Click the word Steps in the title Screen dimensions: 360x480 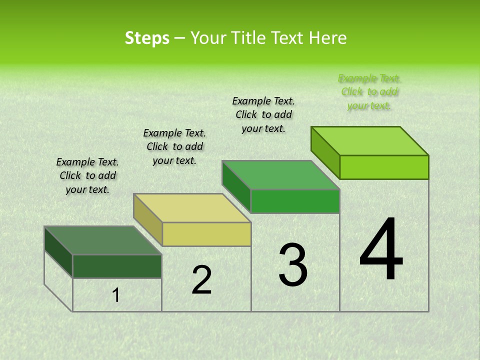[147, 38]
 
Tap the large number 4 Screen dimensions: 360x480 [381, 250]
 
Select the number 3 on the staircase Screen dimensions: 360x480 [293, 265]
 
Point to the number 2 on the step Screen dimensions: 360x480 [202, 280]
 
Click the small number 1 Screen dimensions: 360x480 [116, 295]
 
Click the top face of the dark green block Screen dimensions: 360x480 [102, 240]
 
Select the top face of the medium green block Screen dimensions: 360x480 [280, 175]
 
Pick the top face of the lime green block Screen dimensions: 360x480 [369, 141]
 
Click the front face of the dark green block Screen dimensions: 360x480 [117, 266]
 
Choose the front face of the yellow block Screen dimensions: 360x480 [206, 234]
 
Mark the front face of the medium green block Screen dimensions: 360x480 [295, 201]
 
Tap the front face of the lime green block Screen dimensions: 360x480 [384, 167]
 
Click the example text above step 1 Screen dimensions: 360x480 [87, 176]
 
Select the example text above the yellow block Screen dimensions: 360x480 [174, 147]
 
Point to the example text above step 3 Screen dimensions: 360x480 [263, 114]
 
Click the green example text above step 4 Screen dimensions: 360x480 [369, 92]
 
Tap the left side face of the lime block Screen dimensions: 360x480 [325, 152]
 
